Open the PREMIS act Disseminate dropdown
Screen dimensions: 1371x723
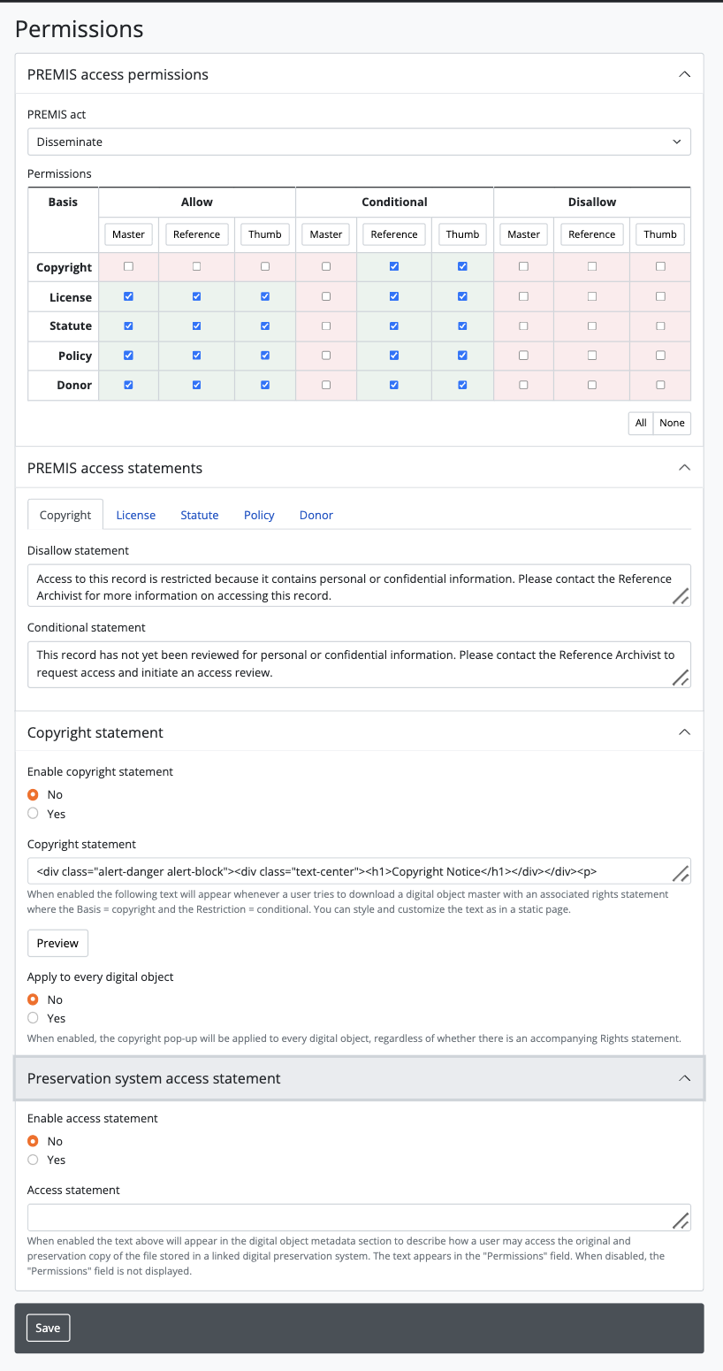pyautogui.click(x=359, y=142)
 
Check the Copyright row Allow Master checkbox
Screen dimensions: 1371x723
pyautogui.click(x=129, y=266)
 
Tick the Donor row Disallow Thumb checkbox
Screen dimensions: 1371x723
pyautogui.click(x=660, y=385)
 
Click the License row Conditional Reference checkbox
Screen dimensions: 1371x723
pyautogui.click(x=394, y=296)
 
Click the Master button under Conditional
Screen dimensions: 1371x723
pyautogui.click(x=326, y=234)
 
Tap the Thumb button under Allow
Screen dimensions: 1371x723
pyautogui.click(x=265, y=234)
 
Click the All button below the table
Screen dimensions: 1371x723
pyautogui.click(x=641, y=423)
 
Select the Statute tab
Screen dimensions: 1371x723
pyautogui.click(x=200, y=515)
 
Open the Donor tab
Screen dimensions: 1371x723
pyautogui.click(x=316, y=515)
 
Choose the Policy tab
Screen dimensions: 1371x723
pyautogui.click(x=259, y=515)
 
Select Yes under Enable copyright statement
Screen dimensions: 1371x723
pyautogui.click(x=34, y=814)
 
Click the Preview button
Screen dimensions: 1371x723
pyautogui.click(x=58, y=943)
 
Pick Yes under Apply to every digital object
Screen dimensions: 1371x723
pyautogui.click(x=34, y=1018)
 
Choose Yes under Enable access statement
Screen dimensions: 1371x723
pyautogui.click(x=34, y=1160)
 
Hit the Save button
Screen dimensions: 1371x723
pyautogui.click(x=48, y=1328)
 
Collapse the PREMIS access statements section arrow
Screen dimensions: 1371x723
pyautogui.click(x=684, y=467)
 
